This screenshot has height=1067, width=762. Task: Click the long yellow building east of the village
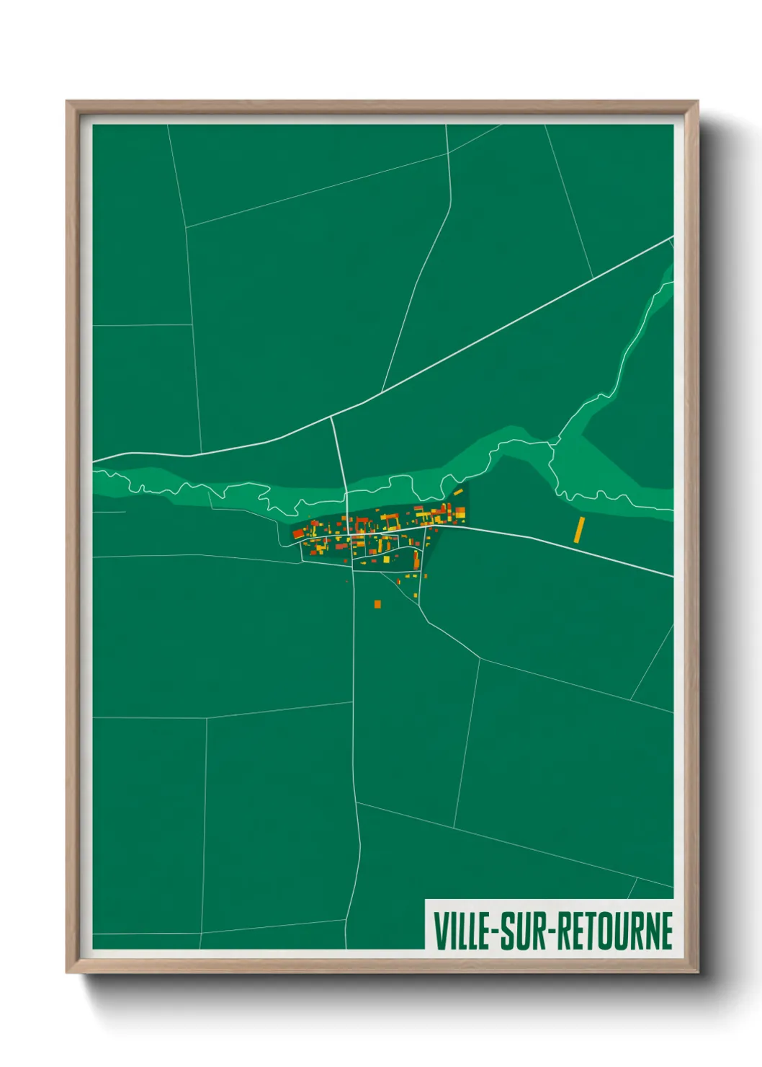pos(578,529)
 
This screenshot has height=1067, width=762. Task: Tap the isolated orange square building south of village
pos(377,603)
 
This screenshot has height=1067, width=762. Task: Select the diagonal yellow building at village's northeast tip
pos(457,492)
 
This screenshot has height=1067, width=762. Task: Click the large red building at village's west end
pos(298,533)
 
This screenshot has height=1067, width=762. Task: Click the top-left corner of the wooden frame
pos(67,102)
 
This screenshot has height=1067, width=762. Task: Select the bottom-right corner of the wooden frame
pos(697,972)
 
